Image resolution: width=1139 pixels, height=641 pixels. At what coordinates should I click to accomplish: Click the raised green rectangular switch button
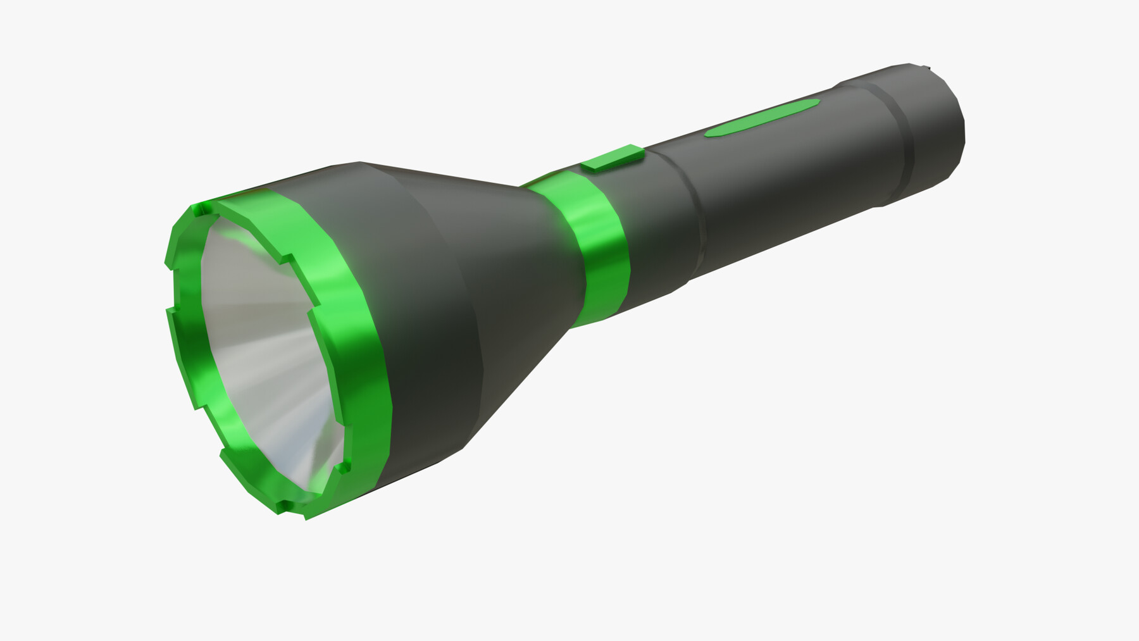(x=613, y=158)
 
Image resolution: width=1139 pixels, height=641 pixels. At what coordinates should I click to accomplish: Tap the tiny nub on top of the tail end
(x=928, y=66)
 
